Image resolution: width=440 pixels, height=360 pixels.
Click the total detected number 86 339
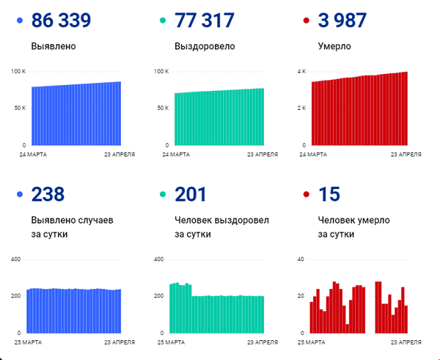(61, 21)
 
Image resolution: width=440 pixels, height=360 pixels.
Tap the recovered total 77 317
(205, 21)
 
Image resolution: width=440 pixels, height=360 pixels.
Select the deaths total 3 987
(342, 21)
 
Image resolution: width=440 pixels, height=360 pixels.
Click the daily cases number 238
(48, 194)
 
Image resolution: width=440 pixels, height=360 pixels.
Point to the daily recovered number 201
(191, 194)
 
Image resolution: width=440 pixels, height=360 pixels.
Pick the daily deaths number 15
(329, 194)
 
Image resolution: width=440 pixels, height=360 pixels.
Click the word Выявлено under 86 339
(54, 46)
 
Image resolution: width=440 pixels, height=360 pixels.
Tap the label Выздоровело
(205, 46)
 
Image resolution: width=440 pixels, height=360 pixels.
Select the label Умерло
(334, 46)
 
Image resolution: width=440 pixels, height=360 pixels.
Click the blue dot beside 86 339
(20, 21)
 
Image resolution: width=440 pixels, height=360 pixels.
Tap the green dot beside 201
(163, 194)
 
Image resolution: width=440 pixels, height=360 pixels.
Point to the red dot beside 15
(307, 194)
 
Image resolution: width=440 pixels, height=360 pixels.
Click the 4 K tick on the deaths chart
(301, 72)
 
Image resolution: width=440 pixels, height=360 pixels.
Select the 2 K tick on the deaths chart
(301, 108)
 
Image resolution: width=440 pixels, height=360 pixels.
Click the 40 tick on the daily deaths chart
(301, 260)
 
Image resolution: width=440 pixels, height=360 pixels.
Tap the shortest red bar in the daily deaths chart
(347, 328)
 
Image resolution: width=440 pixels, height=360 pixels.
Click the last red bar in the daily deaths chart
(406, 320)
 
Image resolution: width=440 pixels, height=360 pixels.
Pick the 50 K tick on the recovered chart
(163, 108)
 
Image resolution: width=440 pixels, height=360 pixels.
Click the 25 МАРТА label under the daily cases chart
(28, 342)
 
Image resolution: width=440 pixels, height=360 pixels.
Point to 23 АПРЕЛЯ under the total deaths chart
(406, 155)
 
